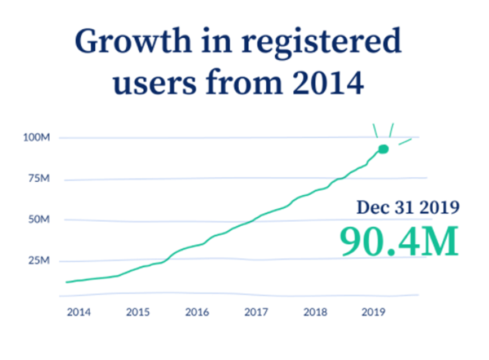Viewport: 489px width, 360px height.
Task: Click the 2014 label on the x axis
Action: (78, 312)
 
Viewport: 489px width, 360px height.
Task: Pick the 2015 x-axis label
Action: (138, 312)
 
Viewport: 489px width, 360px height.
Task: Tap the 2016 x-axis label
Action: (197, 312)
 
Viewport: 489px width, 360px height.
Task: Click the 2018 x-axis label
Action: (314, 312)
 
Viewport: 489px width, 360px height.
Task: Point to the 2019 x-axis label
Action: (372, 312)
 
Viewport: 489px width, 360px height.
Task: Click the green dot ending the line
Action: (384, 149)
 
